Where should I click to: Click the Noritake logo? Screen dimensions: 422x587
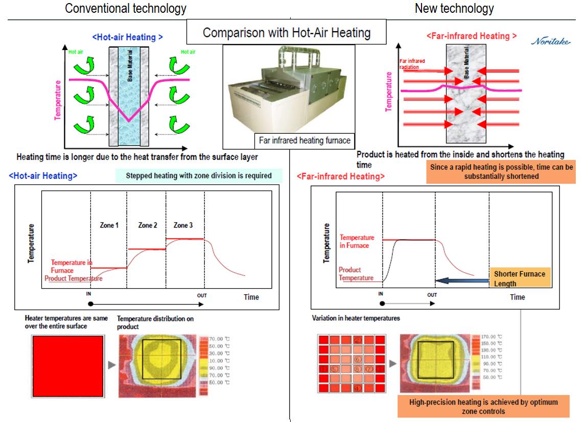coord(551,41)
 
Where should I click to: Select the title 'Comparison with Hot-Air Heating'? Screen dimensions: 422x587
coord(286,33)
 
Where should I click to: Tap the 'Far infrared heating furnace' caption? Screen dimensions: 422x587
coord(304,140)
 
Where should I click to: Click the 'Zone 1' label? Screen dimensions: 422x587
coord(109,225)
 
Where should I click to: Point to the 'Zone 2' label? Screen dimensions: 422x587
coord(147,225)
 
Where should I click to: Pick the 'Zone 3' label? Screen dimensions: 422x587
coord(183,225)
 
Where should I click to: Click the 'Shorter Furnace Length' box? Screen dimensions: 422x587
coord(520,278)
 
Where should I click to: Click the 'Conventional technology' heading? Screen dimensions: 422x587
coord(126,9)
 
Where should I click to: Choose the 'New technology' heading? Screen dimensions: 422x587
coord(454,9)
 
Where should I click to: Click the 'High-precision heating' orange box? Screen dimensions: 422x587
coord(483,406)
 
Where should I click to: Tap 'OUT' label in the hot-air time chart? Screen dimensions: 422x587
coord(203,295)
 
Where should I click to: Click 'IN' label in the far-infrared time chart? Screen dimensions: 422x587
coord(381,294)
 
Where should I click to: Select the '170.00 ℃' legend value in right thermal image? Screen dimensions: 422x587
coord(491,337)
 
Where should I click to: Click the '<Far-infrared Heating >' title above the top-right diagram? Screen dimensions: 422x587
coord(471,36)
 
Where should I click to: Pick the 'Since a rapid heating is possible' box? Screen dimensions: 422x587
coord(500,172)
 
